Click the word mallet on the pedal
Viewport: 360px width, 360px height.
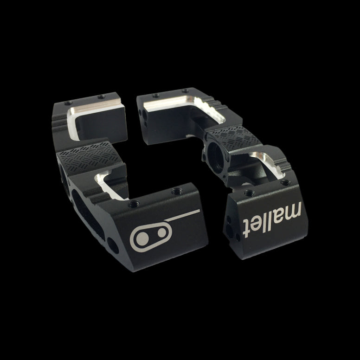(272, 219)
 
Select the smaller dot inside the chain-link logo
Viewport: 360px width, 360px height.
(161, 233)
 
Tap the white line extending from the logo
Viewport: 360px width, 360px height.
(182, 215)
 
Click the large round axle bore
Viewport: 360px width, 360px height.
(216, 156)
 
